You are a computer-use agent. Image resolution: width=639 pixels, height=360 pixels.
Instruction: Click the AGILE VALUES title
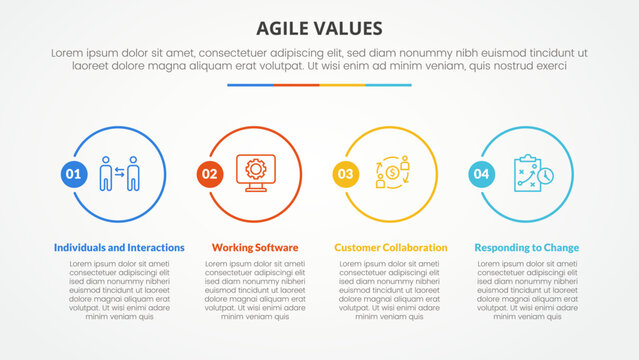point(319,26)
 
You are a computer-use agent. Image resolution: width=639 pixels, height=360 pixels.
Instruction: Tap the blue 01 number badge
point(73,174)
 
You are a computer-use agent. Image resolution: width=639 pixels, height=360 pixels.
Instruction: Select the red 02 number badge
point(209,174)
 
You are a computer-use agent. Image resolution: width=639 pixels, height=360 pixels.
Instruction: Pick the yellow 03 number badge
point(345,174)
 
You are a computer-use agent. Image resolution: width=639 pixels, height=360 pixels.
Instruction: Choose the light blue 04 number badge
point(481,174)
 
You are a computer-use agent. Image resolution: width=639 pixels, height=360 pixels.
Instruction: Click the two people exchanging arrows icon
point(120,173)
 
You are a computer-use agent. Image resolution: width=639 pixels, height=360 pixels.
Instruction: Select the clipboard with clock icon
point(527,172)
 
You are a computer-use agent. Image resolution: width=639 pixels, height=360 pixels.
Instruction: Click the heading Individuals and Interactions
point(118,247)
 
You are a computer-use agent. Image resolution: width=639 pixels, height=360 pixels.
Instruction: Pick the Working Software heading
point(255,247)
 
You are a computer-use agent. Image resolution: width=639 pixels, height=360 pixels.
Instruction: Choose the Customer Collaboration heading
point(391,247)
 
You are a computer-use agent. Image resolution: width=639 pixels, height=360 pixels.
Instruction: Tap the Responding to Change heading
point(526,247)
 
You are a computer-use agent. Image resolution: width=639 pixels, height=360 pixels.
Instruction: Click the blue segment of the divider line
point(250,85)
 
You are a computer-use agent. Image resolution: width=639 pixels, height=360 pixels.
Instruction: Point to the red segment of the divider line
point(296,85)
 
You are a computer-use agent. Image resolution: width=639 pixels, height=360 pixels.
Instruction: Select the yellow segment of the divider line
point(342,85)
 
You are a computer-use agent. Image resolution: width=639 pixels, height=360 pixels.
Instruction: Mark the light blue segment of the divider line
point(388,85)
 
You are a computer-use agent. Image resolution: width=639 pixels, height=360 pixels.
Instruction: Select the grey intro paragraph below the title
point(319,58)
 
